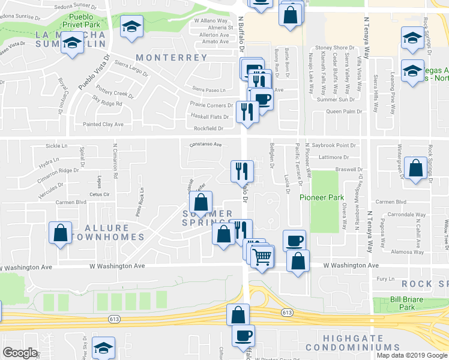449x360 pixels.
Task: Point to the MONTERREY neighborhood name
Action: click(x=172, y=58)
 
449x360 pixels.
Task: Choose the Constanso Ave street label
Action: click(x=206, y=145)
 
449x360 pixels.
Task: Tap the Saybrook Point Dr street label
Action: click(x=334, y=145)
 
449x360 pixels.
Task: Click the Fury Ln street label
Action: click(x=384, y=279)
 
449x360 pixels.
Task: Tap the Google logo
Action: click(x=20, y=353)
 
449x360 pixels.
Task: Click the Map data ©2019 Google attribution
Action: click(x=412, y=355)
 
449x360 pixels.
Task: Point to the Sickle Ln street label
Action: click(x=56, y=146)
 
